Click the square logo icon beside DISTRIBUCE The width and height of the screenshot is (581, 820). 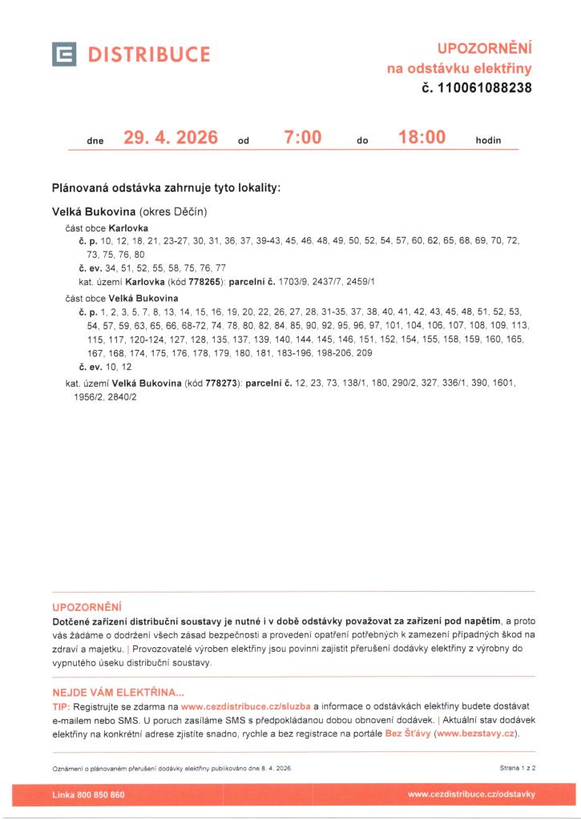coord(64,54)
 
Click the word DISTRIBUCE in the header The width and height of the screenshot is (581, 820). coord(149,54)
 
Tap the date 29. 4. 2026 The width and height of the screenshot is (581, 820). coord(171,138)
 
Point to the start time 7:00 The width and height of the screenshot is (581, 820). coord(303,138)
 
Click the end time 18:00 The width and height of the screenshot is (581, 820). coord(422,138)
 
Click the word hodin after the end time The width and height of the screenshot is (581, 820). coord(488,140)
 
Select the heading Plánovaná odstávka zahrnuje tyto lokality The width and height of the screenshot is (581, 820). coord(165,188)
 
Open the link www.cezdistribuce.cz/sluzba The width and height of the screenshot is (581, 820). coord(245,707)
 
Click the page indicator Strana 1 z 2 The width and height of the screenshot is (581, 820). coord(517,768)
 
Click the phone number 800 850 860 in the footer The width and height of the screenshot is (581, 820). coord(99,794)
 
